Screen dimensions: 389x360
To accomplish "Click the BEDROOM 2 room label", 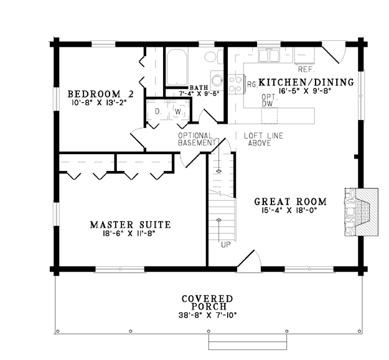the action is [x=100, y=94].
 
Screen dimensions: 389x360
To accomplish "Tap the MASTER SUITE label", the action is [x=130, y=224].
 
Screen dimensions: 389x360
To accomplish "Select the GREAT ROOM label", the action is [x=291, y=201].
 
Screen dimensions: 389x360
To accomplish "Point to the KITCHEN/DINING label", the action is [x=306, y=82].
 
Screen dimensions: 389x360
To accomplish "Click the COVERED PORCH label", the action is [x=207, y=303].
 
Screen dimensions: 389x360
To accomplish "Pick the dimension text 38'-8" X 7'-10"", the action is [x=207, y=315].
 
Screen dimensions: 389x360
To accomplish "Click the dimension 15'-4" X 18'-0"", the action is [x=289, y=210].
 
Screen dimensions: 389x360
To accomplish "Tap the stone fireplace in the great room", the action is [x=361, y=211].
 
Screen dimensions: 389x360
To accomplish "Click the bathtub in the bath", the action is [x=177, y=68].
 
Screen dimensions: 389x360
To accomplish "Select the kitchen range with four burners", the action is [x=236, y=84].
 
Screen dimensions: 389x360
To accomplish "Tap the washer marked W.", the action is [x=178, y=111].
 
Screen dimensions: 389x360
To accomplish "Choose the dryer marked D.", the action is [x=158, y=111].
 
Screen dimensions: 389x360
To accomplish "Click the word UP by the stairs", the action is [x=226, y=245].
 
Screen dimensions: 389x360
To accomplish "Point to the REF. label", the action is [x=306, y=70].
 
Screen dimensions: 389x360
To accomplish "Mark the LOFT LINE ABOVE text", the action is [x=263, y=139].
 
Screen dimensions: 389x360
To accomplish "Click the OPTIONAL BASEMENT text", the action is [x=197, y=139].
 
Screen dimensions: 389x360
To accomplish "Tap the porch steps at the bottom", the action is [x=248, y=342].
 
